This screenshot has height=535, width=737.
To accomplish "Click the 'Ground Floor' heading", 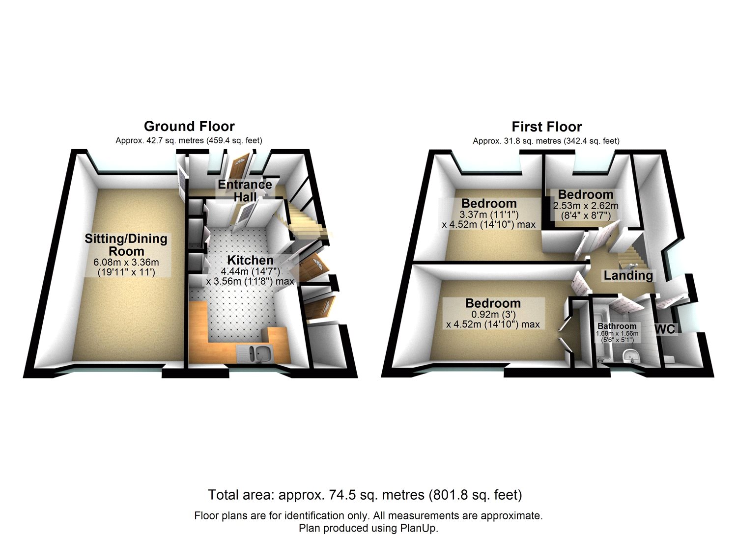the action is [x=189, y=127].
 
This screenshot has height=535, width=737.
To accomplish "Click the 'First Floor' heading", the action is [x=547, y=127].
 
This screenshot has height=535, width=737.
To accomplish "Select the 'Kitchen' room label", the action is [x=250, y=261].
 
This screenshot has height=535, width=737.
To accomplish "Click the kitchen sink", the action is [x=256, y=353].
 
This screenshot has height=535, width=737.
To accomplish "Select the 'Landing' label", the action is [x=628, y=275].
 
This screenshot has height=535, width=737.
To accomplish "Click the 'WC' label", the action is [x=666, y=329].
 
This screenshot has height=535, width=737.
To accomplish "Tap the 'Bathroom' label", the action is [x=617, y=326].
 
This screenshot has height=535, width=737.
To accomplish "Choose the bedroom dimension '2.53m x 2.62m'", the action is [x=586, y=206].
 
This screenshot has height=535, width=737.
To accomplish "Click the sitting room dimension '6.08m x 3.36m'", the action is [x=126, y=263].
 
